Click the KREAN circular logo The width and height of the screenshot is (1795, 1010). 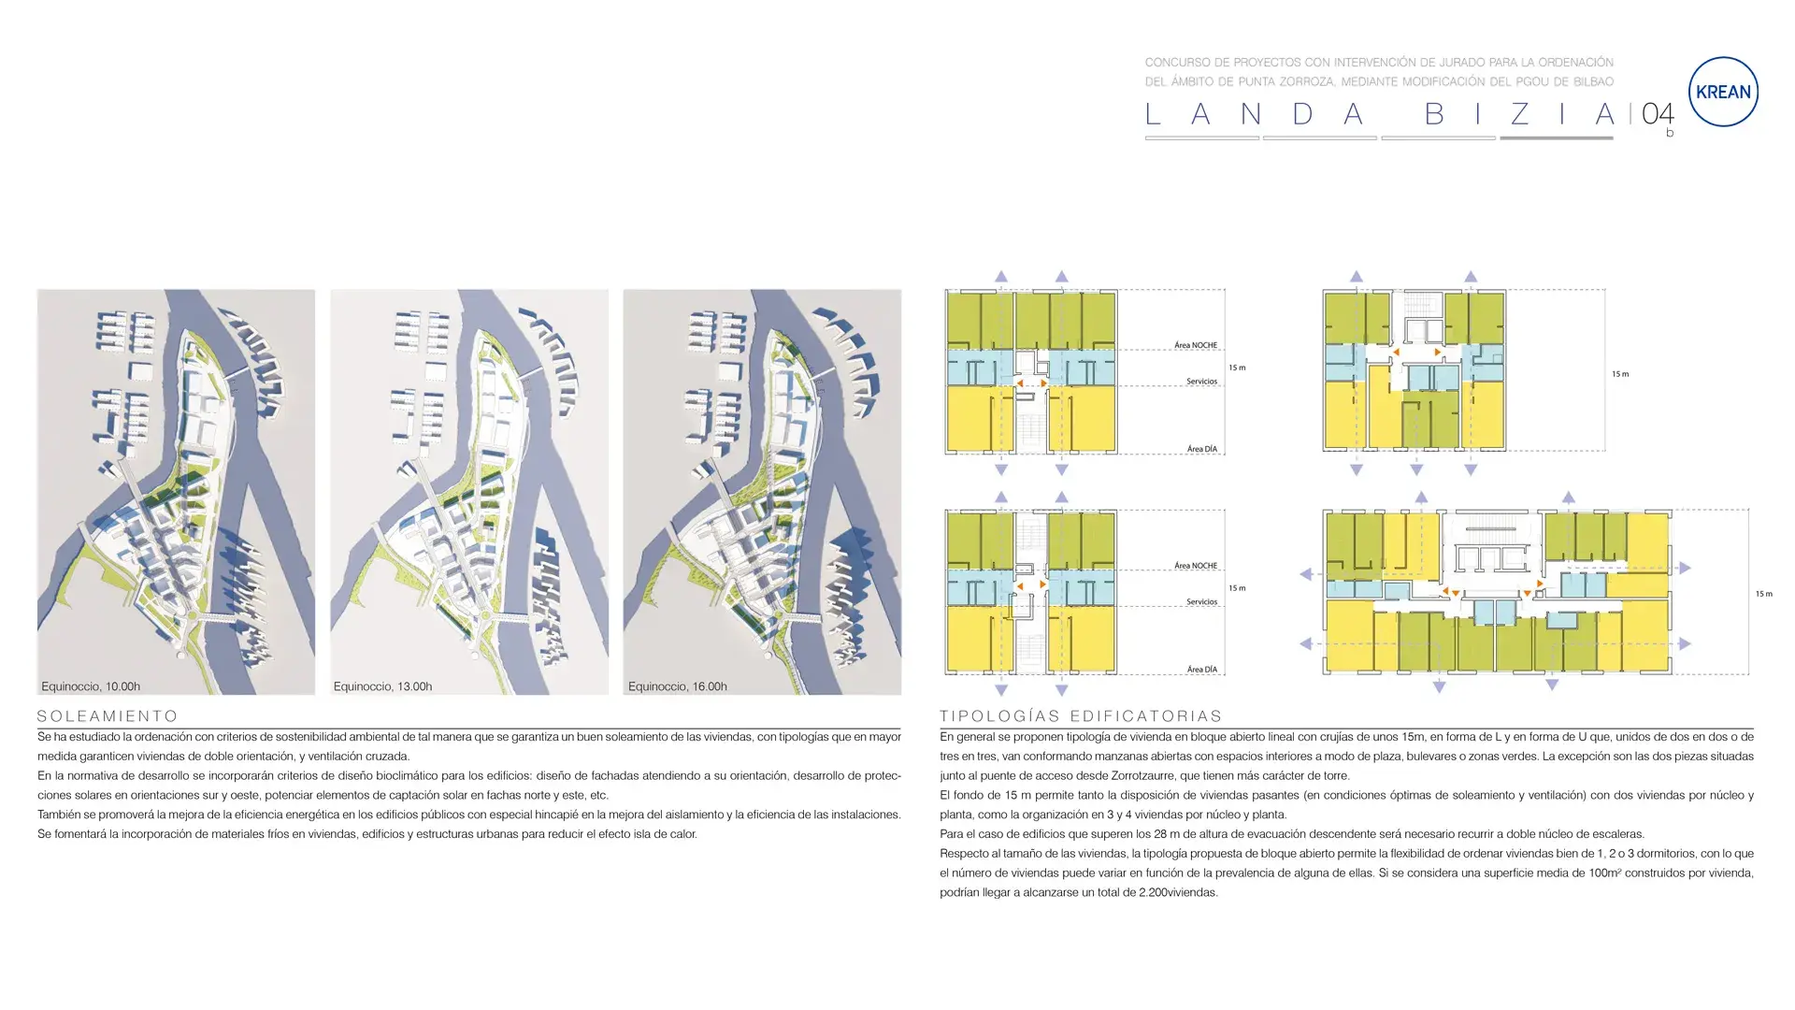1723,92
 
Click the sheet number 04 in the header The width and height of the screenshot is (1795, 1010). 1658,115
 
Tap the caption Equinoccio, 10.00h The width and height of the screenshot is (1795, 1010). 91,686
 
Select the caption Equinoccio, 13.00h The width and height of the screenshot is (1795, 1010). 382,686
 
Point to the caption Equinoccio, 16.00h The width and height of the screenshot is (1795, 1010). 677,686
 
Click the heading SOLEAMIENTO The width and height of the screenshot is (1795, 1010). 108,716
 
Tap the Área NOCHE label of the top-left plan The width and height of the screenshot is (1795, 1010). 1196,345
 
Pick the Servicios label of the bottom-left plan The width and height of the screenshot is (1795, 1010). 1201,601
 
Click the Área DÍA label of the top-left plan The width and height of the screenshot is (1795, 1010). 1201,449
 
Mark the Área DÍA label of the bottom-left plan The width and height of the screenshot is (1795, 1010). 1201,670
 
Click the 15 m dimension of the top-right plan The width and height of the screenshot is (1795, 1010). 1620,374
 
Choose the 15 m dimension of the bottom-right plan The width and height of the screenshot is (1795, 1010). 1763,594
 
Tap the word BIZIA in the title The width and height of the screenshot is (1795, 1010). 1519,115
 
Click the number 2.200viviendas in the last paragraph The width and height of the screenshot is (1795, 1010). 1178,893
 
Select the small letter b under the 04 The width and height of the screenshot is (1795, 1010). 1670,134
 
